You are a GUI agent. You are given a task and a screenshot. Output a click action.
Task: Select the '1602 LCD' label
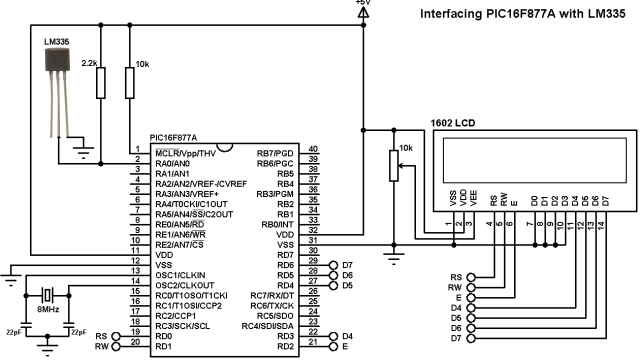tap(453, 122)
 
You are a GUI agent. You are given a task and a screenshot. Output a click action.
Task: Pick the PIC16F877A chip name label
tap(173, 138)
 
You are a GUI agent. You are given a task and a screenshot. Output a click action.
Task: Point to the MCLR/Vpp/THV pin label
tap(188, 150)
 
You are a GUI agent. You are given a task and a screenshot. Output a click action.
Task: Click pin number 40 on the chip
tap(313, 150)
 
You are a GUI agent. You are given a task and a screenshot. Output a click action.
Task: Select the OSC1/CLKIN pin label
tap(181, 273)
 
